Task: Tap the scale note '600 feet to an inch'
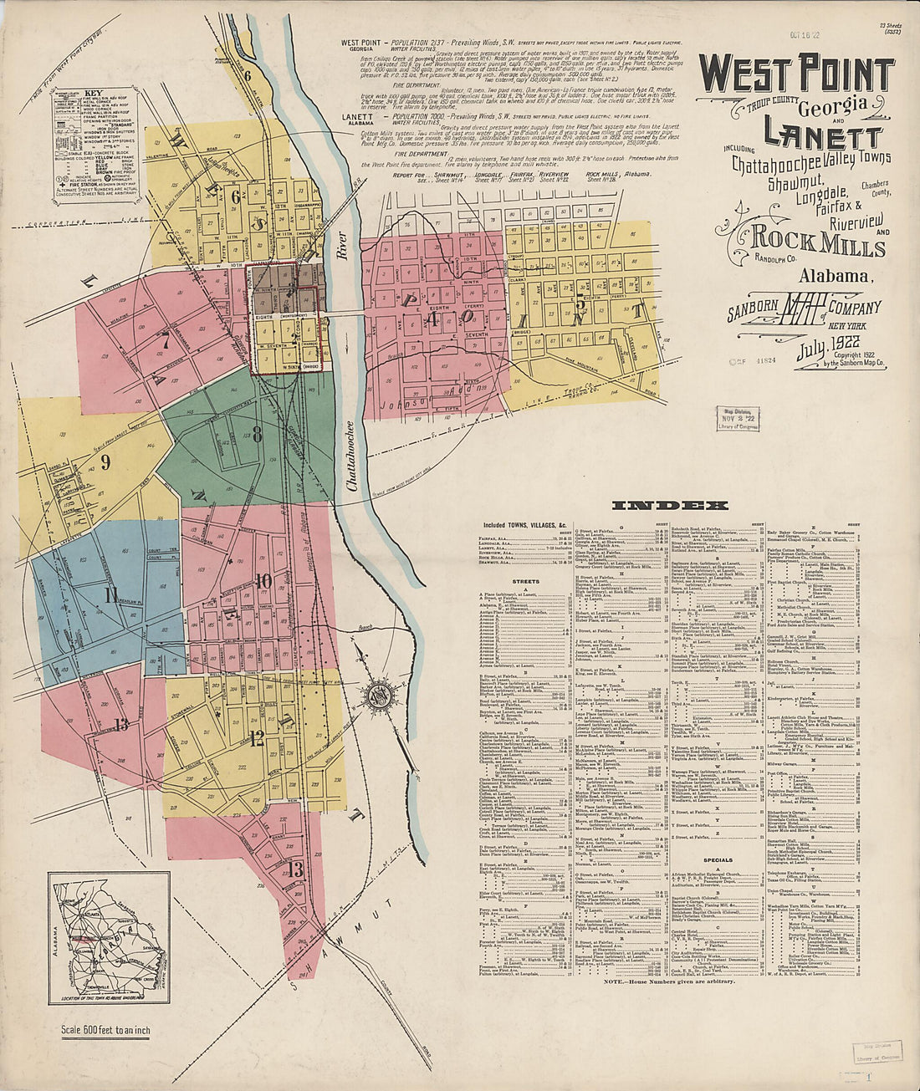coord(106,1030)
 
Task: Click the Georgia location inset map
coord(109,937)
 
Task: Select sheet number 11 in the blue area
coord(111,594)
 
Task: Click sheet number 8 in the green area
coord(258,434)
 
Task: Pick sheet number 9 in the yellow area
coord(105,462)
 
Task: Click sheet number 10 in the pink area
coord(263,580)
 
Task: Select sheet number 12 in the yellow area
coord(256,737)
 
